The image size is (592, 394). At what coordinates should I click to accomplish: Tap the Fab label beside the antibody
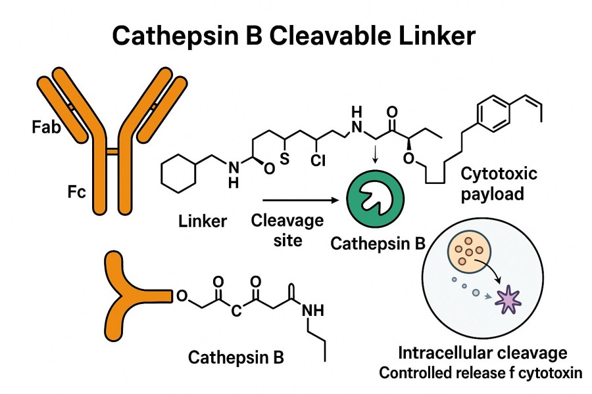click(46, 126)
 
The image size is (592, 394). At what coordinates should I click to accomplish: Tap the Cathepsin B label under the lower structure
click(236, 357)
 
